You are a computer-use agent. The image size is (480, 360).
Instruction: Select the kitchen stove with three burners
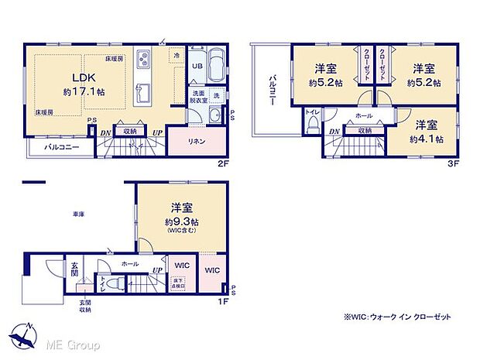pyautogui.click(x=145, y=59)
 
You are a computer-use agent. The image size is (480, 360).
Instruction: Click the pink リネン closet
pyautogui.click(x=197, y=140)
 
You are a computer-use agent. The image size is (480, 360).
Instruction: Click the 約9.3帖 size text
pyautogui.click(x=182, y=221)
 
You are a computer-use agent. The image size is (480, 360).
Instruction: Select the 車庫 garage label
pyautogui.click(x=78, y=214)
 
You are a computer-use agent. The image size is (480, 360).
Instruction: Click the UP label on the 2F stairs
pyautogui.click(x=158, y=132)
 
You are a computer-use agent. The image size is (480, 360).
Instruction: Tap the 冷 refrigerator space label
pyautogui.click(x=176, y=56)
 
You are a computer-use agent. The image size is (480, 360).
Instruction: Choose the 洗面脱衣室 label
pyautogui.click(x=200, y=98)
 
